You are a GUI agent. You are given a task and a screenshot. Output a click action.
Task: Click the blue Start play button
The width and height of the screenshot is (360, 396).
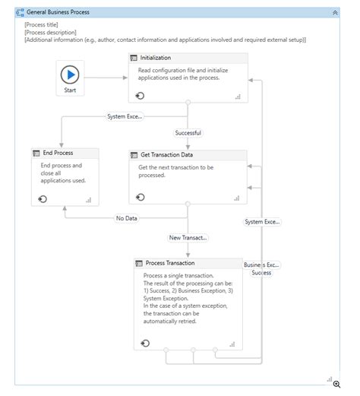tap(70, 74)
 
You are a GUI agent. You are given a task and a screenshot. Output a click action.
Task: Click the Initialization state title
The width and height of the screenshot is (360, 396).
tap(156, 58)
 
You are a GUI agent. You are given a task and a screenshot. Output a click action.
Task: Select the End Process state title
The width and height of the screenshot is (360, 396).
tap(58, 153)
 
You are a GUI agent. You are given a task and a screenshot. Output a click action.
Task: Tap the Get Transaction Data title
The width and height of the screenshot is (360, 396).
tap(166, 155)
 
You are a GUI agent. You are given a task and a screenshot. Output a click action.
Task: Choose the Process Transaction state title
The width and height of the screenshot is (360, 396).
tap(170, 263)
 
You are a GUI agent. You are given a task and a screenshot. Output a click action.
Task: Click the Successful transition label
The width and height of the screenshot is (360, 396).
tap(188, 132)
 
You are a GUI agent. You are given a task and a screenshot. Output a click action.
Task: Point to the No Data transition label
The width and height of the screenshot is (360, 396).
tap(126, 218)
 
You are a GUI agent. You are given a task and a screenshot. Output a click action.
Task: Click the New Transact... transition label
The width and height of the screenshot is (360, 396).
tap(188, 237)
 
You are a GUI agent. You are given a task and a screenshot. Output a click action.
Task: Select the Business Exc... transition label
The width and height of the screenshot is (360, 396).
tap(262, 265)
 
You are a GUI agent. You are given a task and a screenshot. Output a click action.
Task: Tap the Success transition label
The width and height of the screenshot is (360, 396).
tap(261, 272)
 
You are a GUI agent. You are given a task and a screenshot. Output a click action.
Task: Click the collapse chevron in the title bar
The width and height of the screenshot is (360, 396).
tap(335, 13)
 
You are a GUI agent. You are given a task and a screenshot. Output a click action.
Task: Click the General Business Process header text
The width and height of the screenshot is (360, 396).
tap(58, 13)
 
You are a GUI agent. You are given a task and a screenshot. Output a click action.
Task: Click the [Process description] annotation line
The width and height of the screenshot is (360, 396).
tap(50, 32)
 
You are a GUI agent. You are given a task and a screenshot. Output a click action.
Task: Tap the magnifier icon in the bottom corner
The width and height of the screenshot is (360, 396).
tap(336, 384)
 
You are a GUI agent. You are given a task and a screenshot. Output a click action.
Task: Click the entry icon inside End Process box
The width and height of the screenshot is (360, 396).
tap(43, 198)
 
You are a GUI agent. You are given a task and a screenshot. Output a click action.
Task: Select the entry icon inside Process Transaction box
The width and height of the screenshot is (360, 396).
tap(145, 343)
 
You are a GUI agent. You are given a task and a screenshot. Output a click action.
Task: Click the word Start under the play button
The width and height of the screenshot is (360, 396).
tap(70, 90)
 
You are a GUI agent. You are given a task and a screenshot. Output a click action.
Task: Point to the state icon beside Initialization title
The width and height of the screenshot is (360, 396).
tap(134, 58)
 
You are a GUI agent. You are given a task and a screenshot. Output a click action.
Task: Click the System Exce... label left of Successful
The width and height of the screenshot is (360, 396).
tap(125, 116)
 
